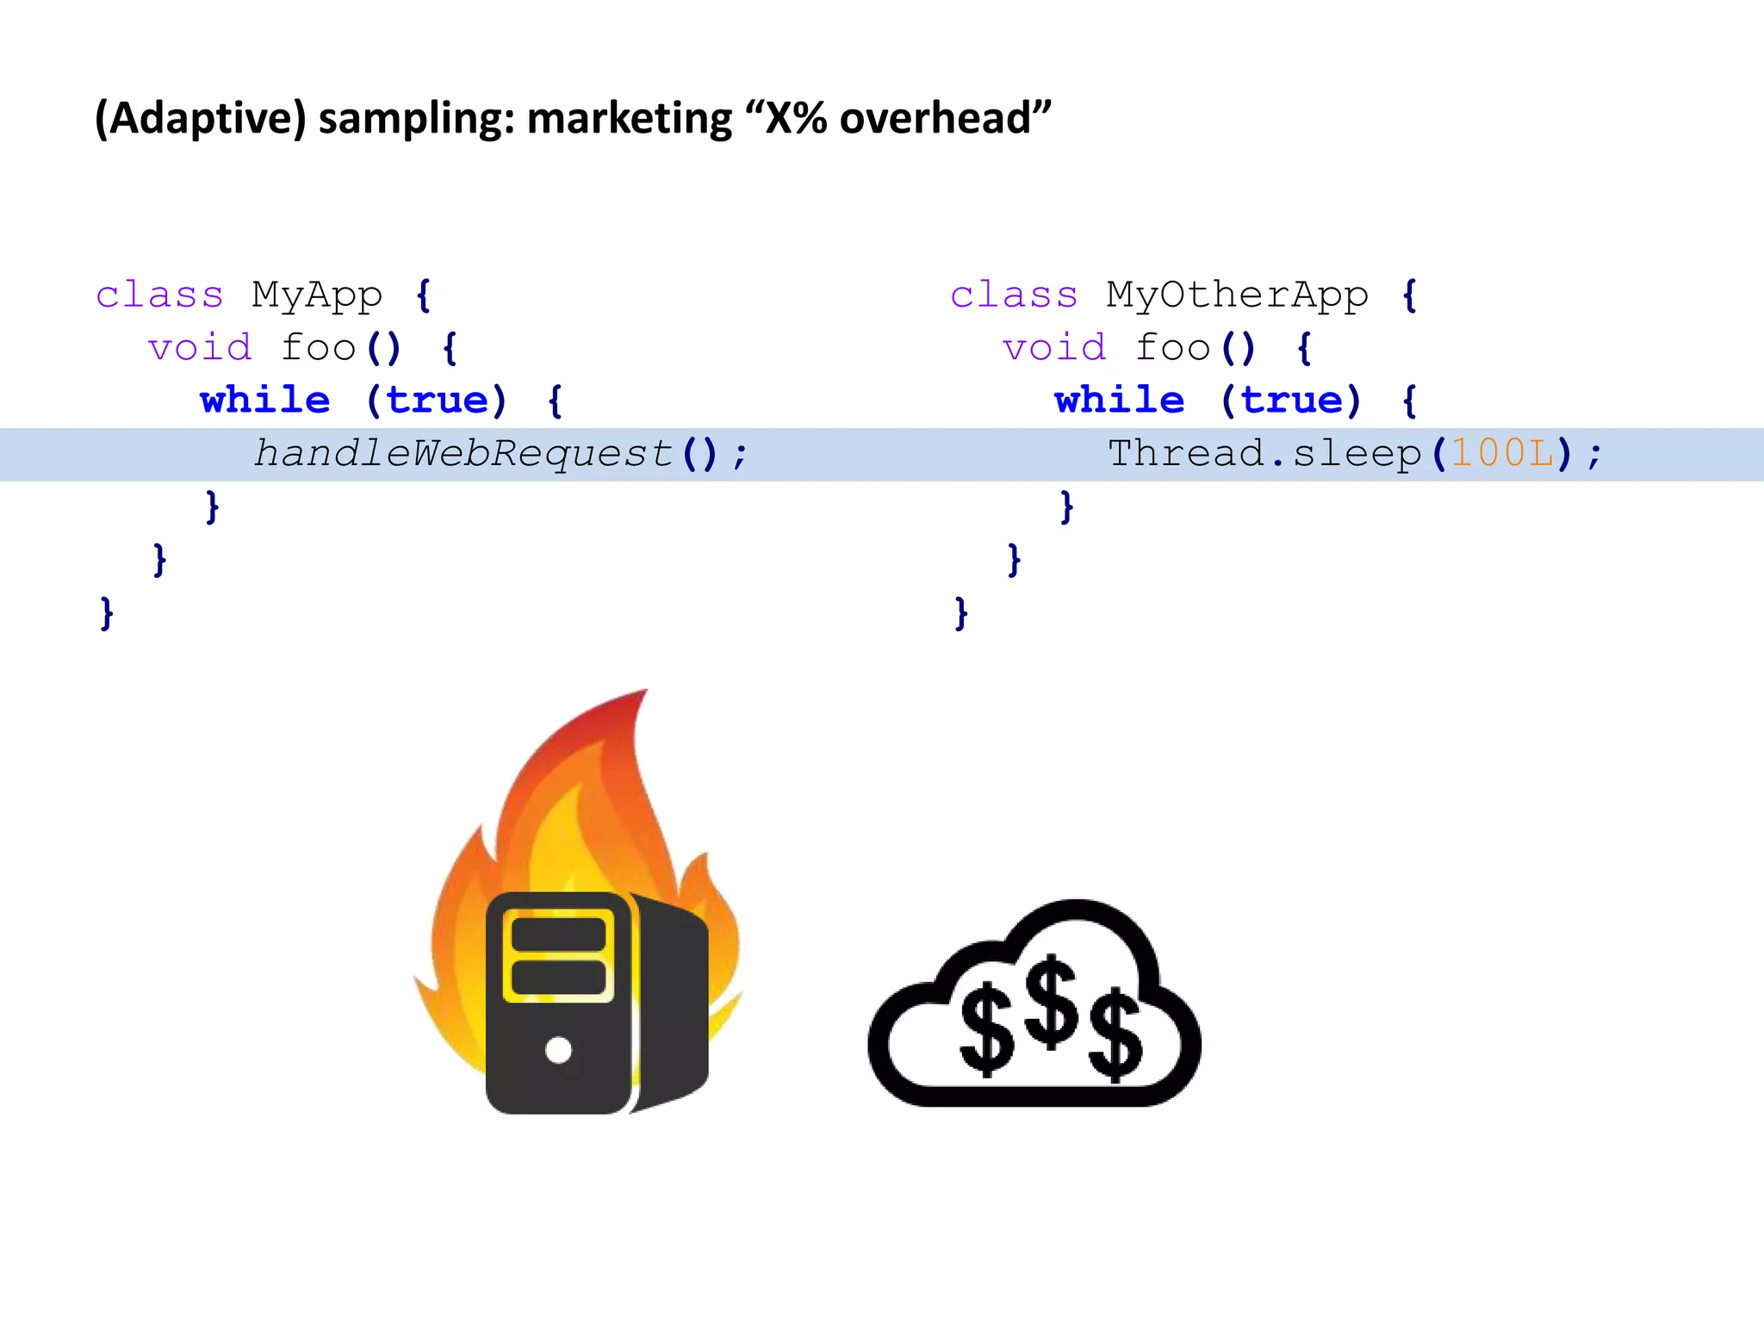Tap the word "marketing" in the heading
[x=629, y=119]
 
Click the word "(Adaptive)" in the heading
[x=200, y=119]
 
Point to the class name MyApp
[x=317, y=295]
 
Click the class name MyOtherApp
[x=1237, y=295]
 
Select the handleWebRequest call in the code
[x=463, y=454]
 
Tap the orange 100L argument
[x=1502, y=454]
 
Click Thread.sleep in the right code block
[x=1264, y=454]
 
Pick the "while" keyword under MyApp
[x=265, y=401]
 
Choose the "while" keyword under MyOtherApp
[x=1120, y=401]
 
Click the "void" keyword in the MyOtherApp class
[x=1054, y=348]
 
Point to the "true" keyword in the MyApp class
[x=437, y=401]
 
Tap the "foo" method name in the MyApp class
[x=319, y=348]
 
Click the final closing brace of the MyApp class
[x=107, y=613]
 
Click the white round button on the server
[x=558, y=1050]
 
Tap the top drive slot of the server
[x=558, y=935]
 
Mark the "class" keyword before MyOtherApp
[x=1014, y=295]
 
